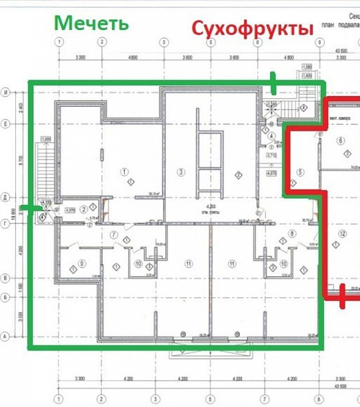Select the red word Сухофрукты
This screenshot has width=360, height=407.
coord(252,29)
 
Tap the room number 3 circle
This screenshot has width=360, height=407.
coord(180,172)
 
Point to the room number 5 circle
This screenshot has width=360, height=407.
coord(300,173)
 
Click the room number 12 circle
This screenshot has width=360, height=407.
coord(342,233)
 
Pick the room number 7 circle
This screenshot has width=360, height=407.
coord(114,235)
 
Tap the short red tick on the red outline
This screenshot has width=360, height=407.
coord(342,296)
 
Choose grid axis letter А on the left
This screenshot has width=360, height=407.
coord(6,336)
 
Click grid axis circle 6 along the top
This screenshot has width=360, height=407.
coord(257,42)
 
